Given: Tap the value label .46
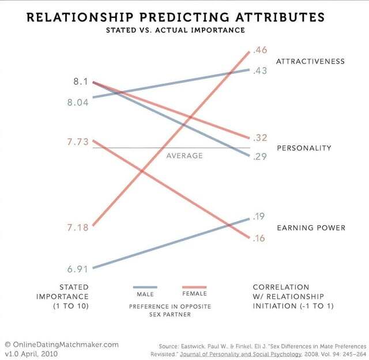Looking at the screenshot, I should (259, 50).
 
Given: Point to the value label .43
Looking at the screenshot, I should (259, 70).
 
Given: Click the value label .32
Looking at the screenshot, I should (259, 138).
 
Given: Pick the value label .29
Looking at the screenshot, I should (259, 157).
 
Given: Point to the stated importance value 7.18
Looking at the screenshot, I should (77, 228).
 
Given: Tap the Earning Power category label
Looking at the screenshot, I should (311, 228).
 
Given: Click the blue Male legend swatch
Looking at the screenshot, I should (145, 287).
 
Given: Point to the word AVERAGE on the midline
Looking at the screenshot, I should (184, 156).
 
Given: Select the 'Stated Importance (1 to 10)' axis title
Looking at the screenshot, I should (74, 296).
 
